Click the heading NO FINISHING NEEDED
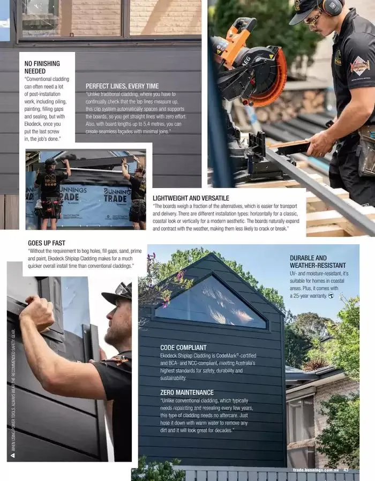(x=42, y=67)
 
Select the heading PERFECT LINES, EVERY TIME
(x=122, y=86)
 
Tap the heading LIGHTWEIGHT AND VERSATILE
(x=191, y=198)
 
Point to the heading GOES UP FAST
(x=47, y=243)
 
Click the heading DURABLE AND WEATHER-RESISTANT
(x=318, y=261)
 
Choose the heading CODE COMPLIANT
(x=183, y=348)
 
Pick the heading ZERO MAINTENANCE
(x=187, y=392)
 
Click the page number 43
(x=346, y=470)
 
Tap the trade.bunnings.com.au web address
(x=316, y=470)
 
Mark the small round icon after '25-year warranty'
(x=331, y=296)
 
